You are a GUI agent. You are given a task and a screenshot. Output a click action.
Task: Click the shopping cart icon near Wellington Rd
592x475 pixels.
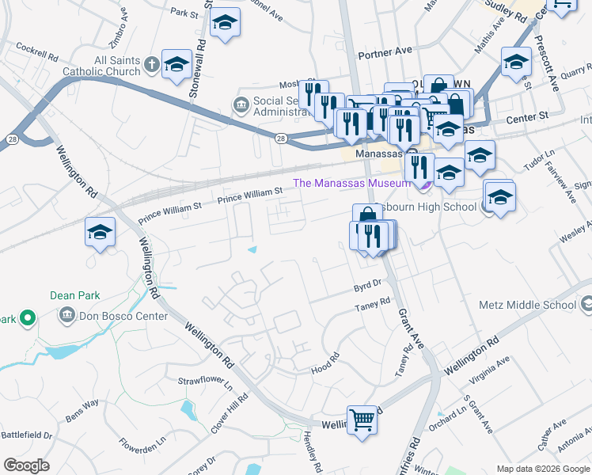tap(362, 419)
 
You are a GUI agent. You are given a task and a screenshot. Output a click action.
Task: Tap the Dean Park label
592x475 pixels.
tap(75, 295)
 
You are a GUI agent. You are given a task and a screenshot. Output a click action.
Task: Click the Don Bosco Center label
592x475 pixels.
tap(123, 316)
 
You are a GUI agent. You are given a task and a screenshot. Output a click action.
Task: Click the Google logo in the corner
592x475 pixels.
tap(27, 465)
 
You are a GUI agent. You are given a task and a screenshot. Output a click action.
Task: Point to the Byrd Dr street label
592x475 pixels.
tap(368, 283)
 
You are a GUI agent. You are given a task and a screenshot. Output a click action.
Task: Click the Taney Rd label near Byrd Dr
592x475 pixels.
tap(373, 303)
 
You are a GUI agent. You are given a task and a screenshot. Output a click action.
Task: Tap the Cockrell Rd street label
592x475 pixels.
tap(37, 58)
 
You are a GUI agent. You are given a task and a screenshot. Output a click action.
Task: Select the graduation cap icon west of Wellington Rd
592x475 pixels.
tap(101, 232)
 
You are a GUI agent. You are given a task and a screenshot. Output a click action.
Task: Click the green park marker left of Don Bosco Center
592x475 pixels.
tap(27, 318)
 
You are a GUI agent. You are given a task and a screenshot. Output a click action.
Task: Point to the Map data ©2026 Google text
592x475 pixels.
tap(543, 469)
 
